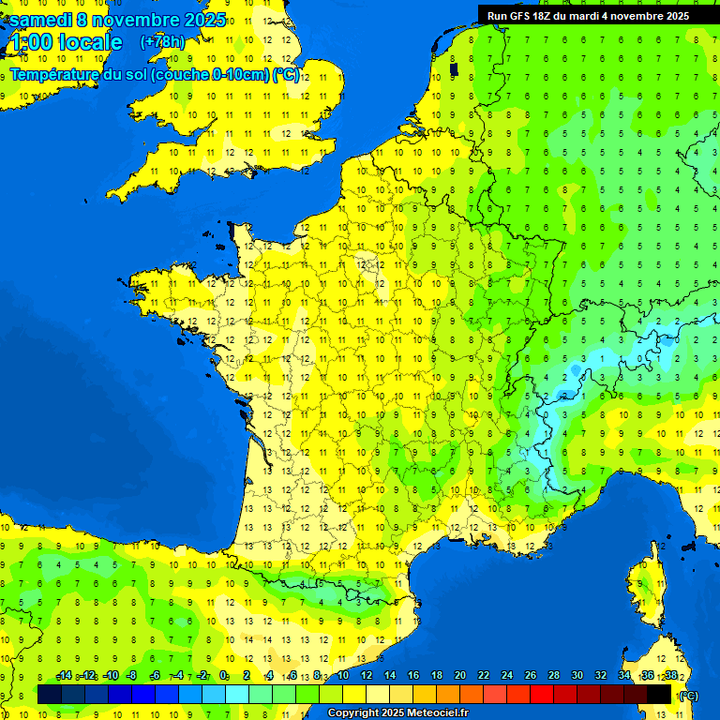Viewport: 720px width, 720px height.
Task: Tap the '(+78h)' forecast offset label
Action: pyautogui.click(x=162, y=42)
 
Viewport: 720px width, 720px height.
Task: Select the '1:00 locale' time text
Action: pyautogui.click(x=66, y=42)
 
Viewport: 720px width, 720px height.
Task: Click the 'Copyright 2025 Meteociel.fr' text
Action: pyautogui.click(x=397, y=712)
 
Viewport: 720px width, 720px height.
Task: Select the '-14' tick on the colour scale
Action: pyautogui.click(x=64, y=676)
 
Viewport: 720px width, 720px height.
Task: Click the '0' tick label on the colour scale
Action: pyautogui.click(x=223, y=676)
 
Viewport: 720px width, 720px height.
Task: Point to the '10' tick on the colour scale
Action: pyautogui.click(x=342, y=676)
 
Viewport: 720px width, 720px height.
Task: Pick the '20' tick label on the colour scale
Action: pyautogui.click(x=459, y=676)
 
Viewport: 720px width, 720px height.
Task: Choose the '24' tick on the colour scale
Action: pyautogui.click(x=506, y=676)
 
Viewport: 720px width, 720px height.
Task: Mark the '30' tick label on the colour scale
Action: pyautogui.click(x=577, y=676)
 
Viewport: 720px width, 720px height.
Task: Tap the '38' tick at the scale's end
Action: pyautogui.click(x=670, y=676)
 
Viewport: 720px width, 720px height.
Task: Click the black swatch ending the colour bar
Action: pyautogui.click(x=659, y=695)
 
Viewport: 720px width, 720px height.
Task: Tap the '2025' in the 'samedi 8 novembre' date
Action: pyautogui.click(x=202, y=20)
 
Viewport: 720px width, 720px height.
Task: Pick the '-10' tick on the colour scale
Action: pyautogui.click(x=110, y=676)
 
